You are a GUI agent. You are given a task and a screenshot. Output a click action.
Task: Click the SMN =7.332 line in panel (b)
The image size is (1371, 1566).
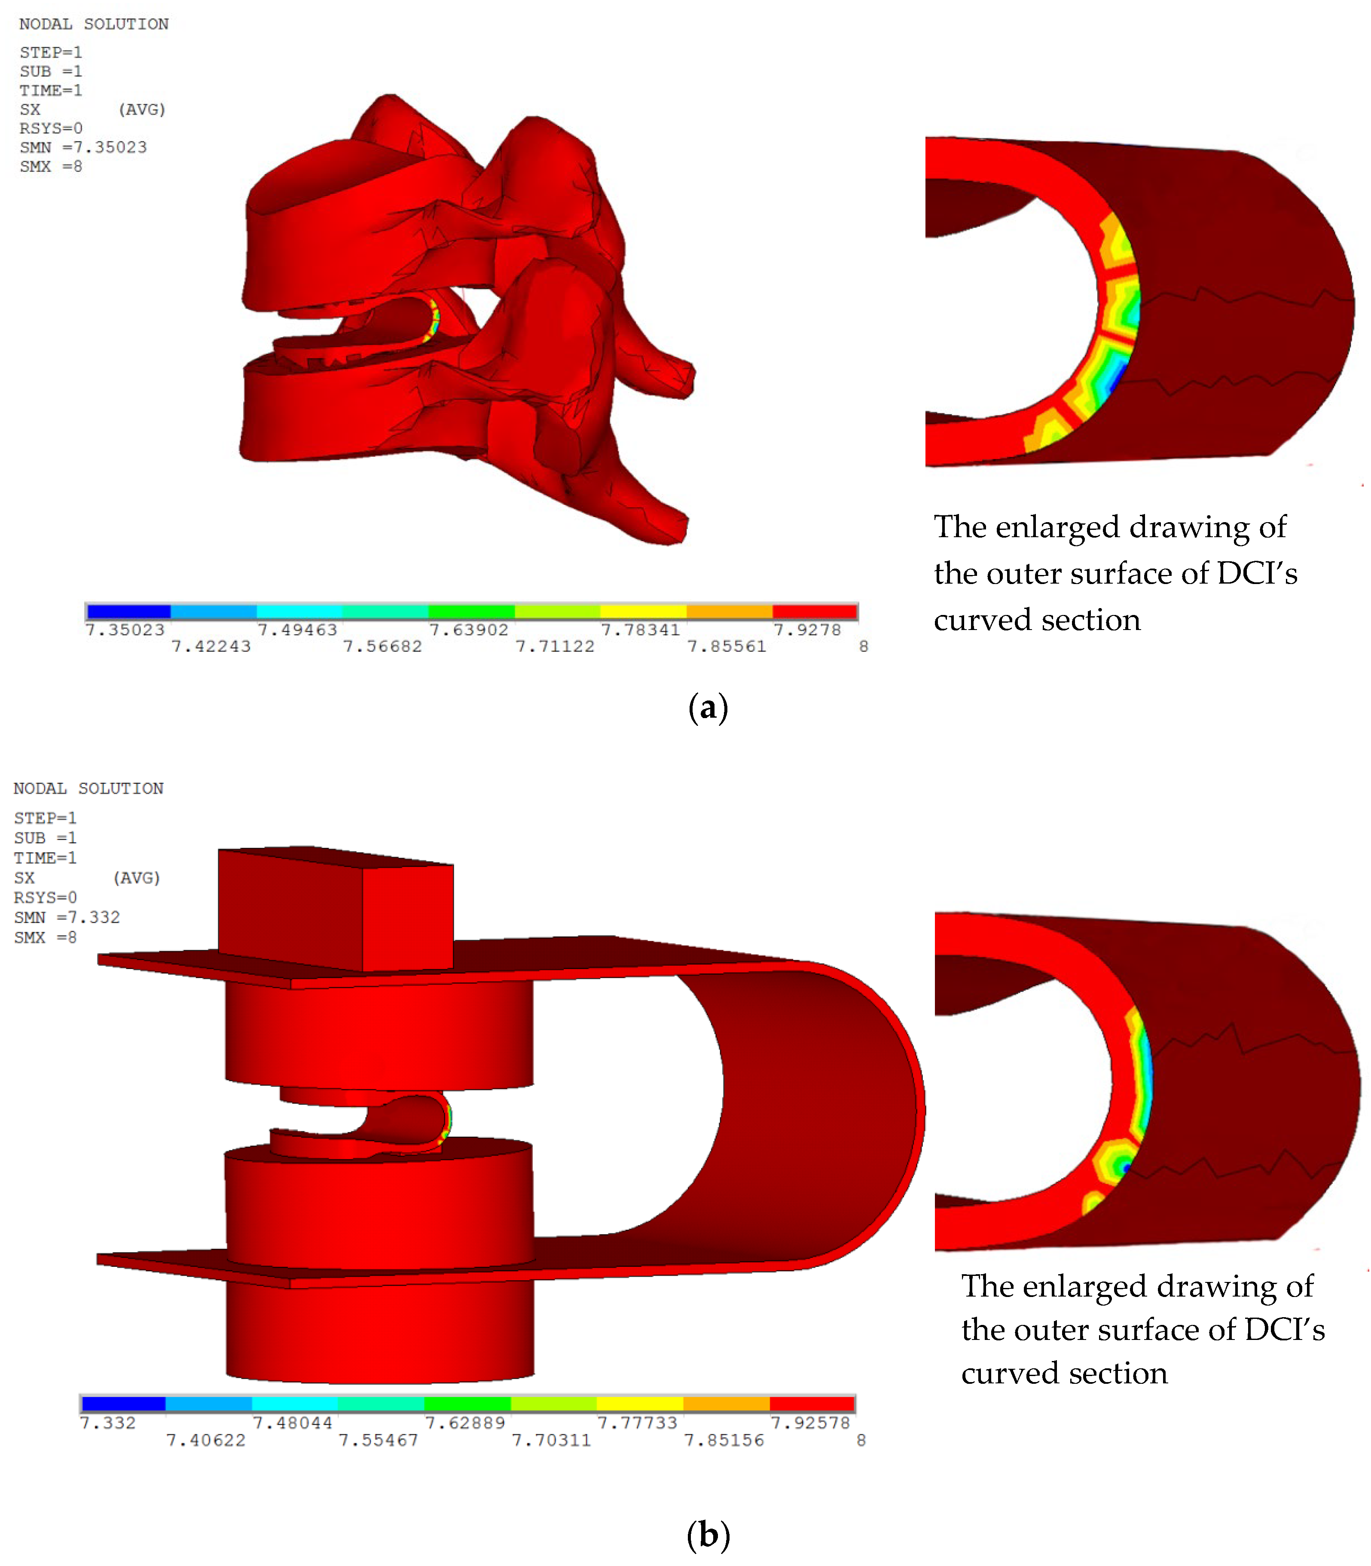(x=67, y=917)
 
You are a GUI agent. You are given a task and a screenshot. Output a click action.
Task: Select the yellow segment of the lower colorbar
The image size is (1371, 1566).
(x=640, y=1404)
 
